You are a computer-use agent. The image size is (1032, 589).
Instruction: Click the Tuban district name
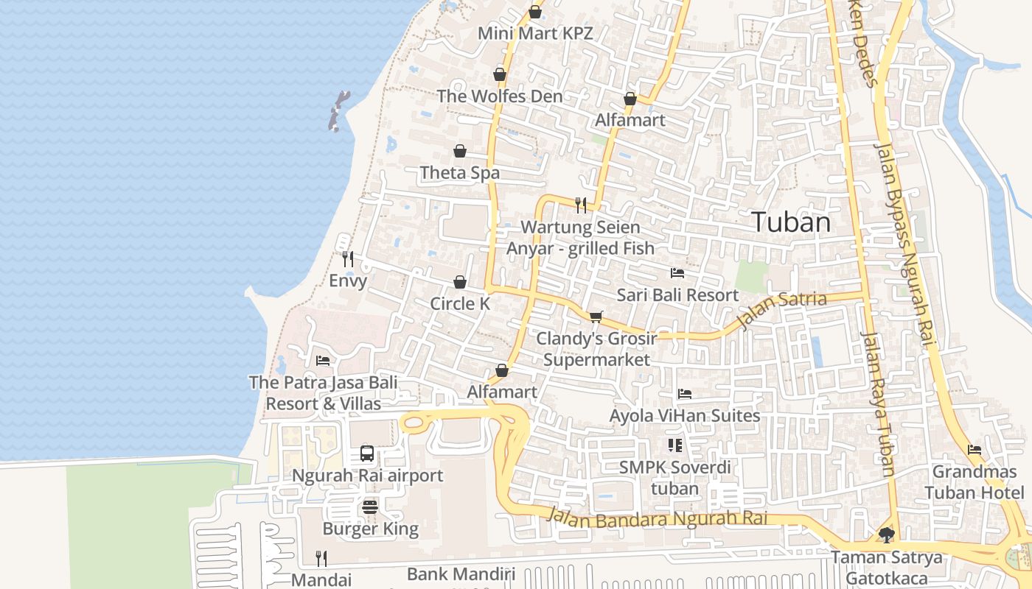pos(791,222)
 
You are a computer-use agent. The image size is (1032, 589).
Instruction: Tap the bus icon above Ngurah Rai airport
pos(367,454)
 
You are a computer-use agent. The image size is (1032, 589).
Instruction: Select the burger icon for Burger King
pos(370,507)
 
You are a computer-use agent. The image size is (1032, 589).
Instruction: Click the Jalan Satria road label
pos(781,311)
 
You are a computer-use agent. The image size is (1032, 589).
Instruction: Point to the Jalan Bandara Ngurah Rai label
pos(656,518)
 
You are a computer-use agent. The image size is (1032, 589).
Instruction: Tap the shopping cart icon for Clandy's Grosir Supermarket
pos(596,317)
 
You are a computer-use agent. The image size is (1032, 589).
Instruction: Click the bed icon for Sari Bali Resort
pos(677,273)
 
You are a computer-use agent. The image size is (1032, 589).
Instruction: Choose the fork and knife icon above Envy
pos(348,258)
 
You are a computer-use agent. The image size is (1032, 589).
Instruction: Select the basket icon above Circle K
pos(460,282)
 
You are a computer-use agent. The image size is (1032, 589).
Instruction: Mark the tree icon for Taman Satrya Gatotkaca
pos(886,535)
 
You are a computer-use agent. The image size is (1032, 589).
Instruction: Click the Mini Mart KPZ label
pos(535,33)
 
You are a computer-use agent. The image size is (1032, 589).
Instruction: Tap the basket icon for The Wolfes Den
pos(500,74)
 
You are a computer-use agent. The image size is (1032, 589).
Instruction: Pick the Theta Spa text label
pos(459,173)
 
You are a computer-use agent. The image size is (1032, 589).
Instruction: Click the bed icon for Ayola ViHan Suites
pos(685,394)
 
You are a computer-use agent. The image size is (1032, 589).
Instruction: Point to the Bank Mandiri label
pos(461,574)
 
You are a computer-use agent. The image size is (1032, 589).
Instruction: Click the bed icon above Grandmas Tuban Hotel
pos(975,450)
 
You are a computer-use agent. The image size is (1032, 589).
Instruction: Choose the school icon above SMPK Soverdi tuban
pos(674,445)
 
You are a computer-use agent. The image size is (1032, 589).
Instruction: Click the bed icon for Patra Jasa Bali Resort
pos(323,360)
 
